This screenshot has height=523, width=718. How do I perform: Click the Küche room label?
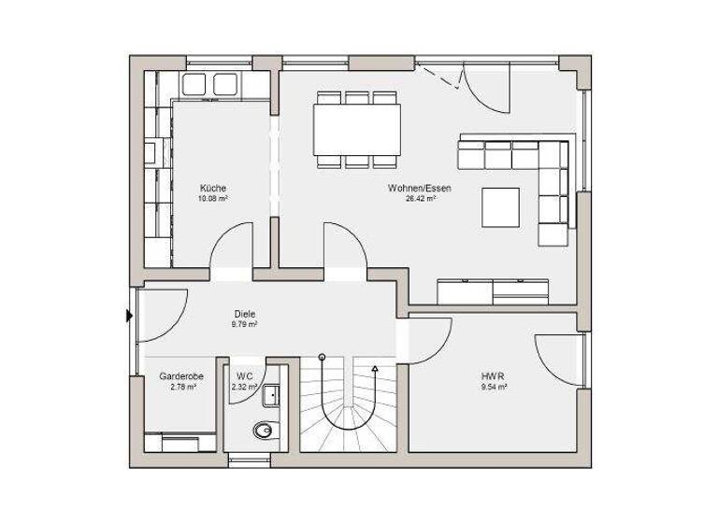(x=213, y=188)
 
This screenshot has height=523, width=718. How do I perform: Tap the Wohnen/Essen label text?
(x=420, y=188)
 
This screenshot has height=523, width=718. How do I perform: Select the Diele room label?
(x=244, y=314)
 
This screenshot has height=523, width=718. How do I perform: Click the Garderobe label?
(x=181, y=375)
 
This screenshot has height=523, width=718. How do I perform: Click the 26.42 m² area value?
(x=420, y=199)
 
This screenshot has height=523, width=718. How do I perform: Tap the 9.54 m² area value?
(x=495, y=386)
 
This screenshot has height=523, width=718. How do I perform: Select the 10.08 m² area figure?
(x=213, y=199)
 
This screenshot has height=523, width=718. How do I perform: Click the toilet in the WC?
(x=265, y=431)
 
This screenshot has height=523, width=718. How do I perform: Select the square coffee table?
(x=502, y=206)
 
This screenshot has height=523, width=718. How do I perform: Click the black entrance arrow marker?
(x=129, y=316)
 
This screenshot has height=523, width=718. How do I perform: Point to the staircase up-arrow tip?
(x=375, y=369)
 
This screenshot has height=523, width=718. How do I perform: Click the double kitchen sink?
(x=209, y=85)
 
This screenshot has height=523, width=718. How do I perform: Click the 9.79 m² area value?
(x=244, y=325)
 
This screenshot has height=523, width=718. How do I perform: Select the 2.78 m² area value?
(x=181, y=386)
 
